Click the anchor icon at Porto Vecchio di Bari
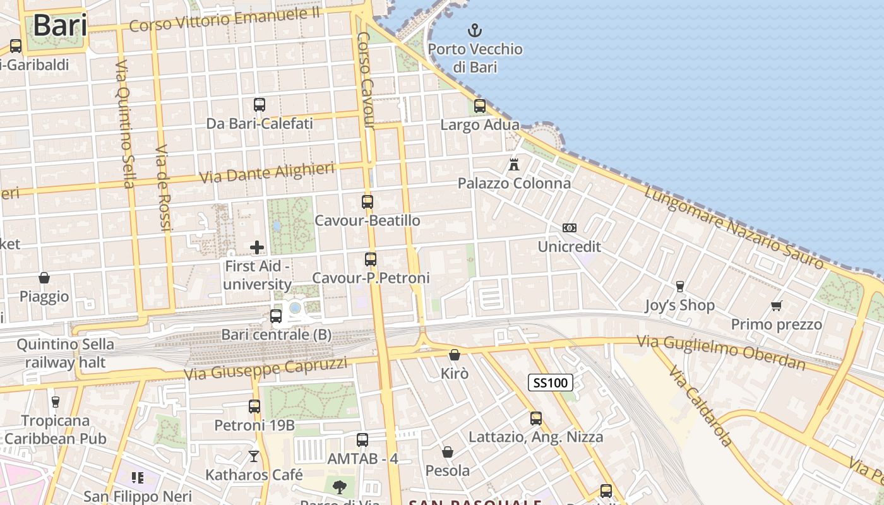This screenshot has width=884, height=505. click(474, 30)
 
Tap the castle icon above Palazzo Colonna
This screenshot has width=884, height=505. click(514, 165)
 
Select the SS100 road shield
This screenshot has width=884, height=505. click(551, 383)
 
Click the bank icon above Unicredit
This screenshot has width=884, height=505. click(570, 228)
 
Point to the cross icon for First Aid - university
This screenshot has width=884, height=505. click(257, 247)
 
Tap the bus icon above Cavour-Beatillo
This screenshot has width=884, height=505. click(367, 202)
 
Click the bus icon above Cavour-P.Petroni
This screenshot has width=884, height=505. click(371, 259)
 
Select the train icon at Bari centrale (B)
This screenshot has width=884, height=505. click(276, 316)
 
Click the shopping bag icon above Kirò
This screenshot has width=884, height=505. click(454, 355)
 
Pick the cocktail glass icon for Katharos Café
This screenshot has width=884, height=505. click(254, 456)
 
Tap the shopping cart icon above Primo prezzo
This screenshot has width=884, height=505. click(776, 306)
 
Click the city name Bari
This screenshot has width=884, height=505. click(60, 25)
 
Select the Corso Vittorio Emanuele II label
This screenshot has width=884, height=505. click(224, 20)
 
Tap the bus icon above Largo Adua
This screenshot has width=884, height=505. click(480, 105)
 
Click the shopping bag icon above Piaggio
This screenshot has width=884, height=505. click(44, 278)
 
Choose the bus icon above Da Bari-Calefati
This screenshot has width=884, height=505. click(260, 104)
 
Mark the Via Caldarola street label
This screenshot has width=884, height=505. click(701, 405)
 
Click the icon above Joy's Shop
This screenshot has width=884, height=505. click(679, 287)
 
